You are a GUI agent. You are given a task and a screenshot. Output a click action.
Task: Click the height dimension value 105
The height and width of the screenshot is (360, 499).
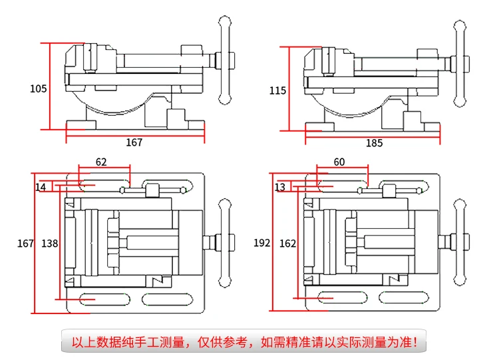point(38,89)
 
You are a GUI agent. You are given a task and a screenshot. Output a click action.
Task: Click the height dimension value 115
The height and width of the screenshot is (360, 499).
point(277,90)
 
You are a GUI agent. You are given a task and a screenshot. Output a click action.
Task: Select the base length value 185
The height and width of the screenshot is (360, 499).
point(374,143)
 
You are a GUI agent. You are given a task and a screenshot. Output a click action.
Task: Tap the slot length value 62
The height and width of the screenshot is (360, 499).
point(101,162)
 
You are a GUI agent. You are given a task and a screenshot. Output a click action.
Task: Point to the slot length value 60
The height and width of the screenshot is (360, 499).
point(339,162)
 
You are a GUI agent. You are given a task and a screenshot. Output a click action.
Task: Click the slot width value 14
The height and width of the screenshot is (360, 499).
point(41,187)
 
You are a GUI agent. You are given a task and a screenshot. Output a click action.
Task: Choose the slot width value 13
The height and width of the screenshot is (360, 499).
point(279,187)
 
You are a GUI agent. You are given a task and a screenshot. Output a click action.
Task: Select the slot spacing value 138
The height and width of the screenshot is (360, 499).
point(50,244)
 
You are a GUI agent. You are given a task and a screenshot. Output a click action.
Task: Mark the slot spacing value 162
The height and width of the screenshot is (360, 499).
point(287,244)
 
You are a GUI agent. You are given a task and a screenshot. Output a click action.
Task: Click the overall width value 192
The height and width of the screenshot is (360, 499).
point(261,243)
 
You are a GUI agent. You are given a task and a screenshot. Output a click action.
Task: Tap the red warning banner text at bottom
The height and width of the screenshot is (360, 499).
point(244,342)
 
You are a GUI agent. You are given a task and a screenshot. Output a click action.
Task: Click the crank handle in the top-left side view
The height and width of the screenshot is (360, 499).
point(225,60)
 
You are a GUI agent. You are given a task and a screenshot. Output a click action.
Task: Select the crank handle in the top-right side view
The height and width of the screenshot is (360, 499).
point(460,64)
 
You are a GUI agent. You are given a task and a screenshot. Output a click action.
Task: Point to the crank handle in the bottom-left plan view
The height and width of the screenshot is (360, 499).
point(225,243)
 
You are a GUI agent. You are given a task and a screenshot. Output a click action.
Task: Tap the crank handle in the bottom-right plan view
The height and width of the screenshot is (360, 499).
point(460,242)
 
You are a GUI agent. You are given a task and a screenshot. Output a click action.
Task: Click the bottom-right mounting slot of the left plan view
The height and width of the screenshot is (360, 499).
point(168,299)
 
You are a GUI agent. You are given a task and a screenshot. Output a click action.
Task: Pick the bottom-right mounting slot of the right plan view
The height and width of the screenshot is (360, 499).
point(404,297)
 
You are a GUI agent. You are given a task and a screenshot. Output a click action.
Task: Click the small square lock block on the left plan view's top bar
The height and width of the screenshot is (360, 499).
point(152,190)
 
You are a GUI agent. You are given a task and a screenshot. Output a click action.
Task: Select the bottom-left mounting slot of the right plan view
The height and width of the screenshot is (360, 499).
point(343,297)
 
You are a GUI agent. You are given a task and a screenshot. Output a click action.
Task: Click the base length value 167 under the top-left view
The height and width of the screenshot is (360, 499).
point(134,142)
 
